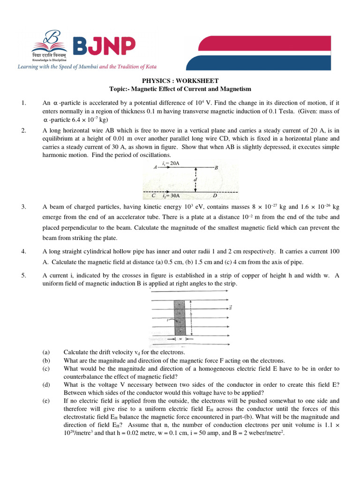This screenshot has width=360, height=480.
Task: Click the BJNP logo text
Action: click(x=104, y=46)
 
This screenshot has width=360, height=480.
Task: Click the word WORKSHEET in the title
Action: click(x=200, y=81)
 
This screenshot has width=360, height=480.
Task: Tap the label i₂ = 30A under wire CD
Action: click(x=172, y=196)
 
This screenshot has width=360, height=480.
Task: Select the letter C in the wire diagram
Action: click(x=154, y=195)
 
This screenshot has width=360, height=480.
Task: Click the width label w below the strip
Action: click(x=180, y=338)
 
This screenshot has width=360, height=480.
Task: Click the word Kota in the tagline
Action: click(x=150, y=67)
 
